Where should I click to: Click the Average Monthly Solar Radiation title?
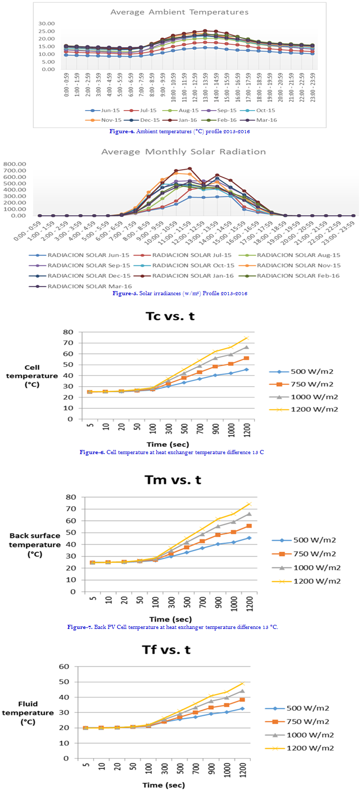click(183, 152)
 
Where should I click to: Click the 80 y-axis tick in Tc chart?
click(69, 332)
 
